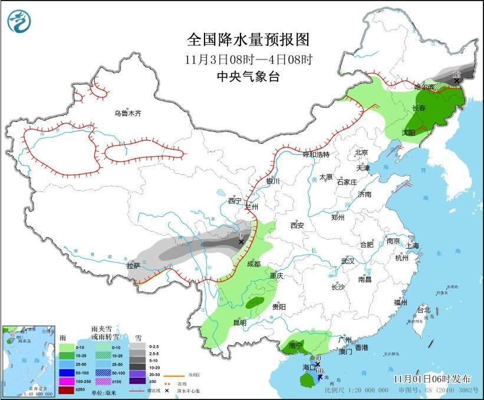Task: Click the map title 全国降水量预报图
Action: point(248,39)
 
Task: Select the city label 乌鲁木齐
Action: point(128,113)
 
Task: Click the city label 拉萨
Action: point(134,266)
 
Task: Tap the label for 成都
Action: point(253,265)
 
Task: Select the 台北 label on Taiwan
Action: point(423,310)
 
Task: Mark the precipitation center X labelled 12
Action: point(456,81)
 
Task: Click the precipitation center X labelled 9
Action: point(241,242)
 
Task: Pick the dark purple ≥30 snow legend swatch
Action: point(137,382)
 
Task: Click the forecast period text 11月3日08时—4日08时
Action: point(248,59)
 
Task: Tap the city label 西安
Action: point(297,225)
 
